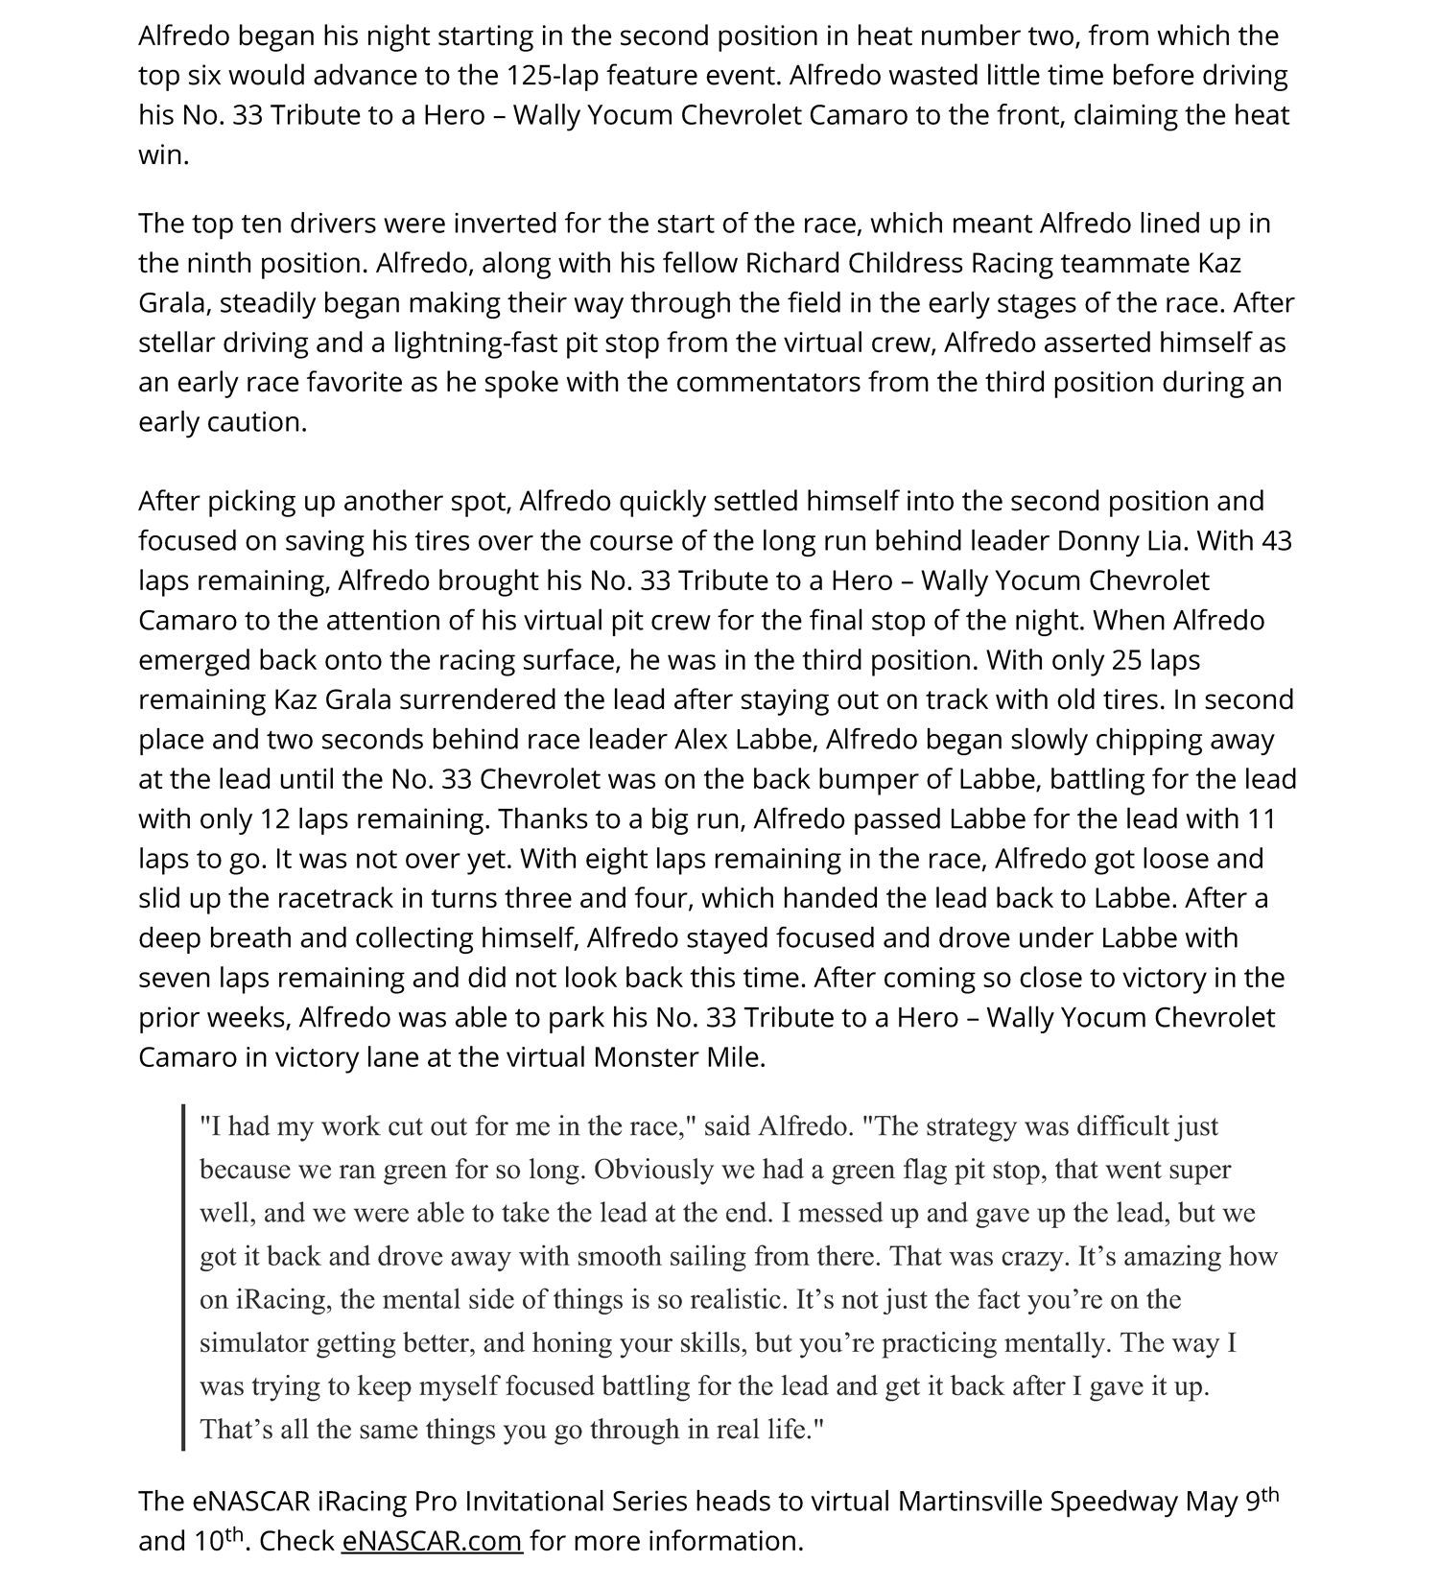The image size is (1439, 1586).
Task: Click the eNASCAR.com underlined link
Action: point(432,1541)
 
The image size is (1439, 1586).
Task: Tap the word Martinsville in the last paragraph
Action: point(969,1501)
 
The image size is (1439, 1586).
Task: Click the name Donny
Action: point(1098,541)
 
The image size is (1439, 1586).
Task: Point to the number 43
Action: point(1276,541)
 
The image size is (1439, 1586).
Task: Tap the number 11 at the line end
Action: point(1262,819)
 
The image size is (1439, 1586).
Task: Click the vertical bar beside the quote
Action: point(182,1277)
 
